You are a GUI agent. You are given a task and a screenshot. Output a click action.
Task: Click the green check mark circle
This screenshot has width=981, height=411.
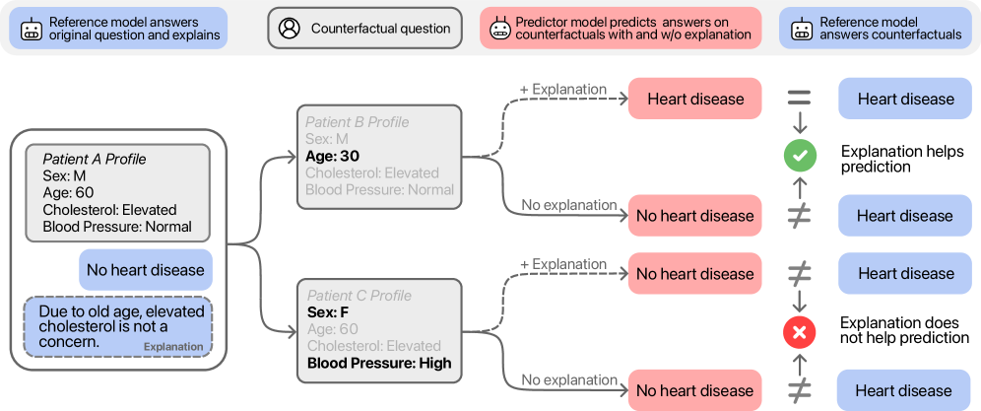(x=799, y=155)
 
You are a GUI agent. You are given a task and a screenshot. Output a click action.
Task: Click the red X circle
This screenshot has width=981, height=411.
(x=799, y=332)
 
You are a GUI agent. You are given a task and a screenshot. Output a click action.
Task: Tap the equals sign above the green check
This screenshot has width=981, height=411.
(x=799, y=99)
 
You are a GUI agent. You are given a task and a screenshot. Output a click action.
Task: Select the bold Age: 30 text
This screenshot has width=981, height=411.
(x=334, y=156)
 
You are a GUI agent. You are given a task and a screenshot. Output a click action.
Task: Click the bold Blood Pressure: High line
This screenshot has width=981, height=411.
(x=379, y=363)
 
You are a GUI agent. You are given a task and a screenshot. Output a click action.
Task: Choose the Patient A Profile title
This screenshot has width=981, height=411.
(x=96, y=159)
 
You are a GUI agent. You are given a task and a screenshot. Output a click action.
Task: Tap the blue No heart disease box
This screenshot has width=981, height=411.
(x=145, y=269)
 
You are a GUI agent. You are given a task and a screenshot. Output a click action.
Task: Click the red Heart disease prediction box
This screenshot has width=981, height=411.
(x=694, y=99)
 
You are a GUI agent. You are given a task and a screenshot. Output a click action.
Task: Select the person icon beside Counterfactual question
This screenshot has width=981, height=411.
(x=289, y=29)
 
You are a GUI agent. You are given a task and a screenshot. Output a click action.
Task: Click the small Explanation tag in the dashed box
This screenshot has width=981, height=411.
(x=173, y=347)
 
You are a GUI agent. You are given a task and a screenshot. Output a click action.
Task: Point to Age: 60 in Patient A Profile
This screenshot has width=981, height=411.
(x=68, y=192)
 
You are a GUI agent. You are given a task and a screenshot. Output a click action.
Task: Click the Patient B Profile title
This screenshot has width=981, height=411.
(x=357, y=122)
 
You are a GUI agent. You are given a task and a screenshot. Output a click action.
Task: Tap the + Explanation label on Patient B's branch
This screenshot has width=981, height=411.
(x=562, y=90)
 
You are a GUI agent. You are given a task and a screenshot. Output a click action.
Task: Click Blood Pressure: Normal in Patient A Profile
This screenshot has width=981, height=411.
(x=116, y=227)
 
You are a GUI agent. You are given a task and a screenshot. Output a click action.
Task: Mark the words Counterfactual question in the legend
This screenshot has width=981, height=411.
(x=380, y=29)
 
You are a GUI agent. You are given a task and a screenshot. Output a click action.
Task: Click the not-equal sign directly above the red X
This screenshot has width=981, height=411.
(x=799, y=273)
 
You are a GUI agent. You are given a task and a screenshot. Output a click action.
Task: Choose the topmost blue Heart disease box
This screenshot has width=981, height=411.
(x=905, y=99)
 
